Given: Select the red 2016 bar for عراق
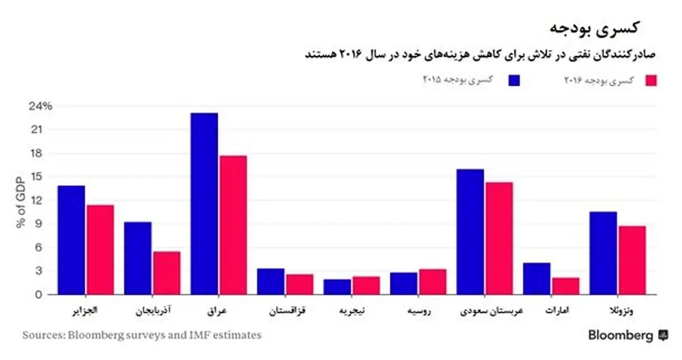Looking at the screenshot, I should click(x=232, y=225).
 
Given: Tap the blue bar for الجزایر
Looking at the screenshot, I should click(x=71, y=240).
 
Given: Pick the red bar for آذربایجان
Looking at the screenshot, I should click(x=166, y=273).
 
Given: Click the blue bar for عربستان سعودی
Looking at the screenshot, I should click(x=470, y=231).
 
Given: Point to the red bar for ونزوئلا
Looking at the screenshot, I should click(x=631, y=260).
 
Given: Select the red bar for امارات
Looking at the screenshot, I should click(x=565, y=286).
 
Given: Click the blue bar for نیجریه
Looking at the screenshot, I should click(x=338, y=287).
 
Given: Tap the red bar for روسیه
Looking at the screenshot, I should click(x=433, y=282).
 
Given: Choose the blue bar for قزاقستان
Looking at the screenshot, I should click(x=271, y=281).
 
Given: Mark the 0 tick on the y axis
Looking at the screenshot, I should click(x=39, y=295).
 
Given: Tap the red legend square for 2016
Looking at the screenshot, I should click(x=651, y=80).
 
